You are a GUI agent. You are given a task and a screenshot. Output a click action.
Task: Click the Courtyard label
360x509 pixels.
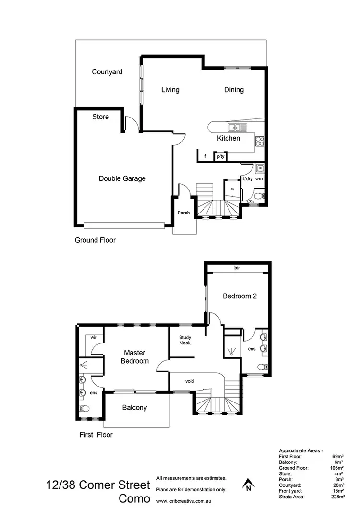[107, 72]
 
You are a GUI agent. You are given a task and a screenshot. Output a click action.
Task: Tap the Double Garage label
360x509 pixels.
[122, 178]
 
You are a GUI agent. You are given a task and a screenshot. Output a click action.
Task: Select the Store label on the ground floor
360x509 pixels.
[100, 117]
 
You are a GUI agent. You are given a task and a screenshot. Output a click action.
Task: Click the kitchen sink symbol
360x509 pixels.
[235, 128]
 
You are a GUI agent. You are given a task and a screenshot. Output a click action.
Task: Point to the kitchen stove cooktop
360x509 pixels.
[259, 141]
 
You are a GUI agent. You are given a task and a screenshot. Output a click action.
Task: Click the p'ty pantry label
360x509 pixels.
[221, 156]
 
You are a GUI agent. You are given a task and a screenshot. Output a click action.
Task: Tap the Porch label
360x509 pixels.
[183, 213]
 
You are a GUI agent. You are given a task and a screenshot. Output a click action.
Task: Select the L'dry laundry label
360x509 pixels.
[248, 178]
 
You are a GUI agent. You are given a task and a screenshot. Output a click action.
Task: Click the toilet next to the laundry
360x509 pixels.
[258, 196]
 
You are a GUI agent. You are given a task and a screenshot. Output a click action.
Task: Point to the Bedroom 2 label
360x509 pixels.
[240, 296]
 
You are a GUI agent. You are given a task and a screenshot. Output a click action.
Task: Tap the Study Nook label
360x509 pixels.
[185, 341]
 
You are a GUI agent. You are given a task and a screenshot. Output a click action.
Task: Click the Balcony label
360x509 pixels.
[134, 408]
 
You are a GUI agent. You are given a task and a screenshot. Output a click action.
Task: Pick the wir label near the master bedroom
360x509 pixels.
[94, 338]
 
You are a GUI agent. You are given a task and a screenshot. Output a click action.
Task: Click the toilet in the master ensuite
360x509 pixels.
[84, 409]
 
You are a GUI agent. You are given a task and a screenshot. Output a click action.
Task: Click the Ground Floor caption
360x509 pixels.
[95, 240]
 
